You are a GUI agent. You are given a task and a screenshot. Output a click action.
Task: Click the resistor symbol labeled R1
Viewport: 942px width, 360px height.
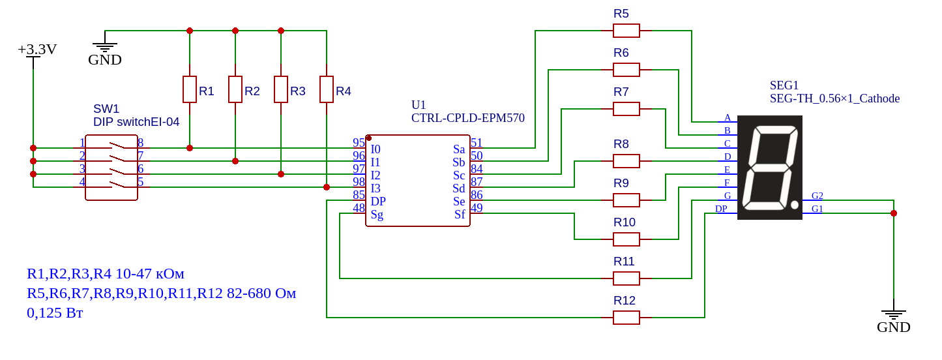[190, 89]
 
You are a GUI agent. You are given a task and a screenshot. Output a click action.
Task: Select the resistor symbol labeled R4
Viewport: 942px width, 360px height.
[327, 89]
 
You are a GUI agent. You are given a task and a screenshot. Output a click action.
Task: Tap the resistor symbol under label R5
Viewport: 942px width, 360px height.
[626, 31]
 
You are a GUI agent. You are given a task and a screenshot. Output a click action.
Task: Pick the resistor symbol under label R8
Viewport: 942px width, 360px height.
[626, 161]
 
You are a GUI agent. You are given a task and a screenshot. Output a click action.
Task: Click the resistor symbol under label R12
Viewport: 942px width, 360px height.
[626, 318]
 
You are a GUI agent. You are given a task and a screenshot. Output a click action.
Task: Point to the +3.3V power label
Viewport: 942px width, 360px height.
[37, 50]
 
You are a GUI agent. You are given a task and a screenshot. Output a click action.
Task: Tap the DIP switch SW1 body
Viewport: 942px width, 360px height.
[111, 168]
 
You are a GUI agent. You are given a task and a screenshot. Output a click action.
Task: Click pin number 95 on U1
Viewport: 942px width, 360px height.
[359, 143]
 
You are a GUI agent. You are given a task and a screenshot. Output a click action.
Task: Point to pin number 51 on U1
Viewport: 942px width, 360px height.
[477, 143]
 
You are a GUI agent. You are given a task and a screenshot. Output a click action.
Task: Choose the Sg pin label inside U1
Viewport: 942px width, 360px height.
[377, 215]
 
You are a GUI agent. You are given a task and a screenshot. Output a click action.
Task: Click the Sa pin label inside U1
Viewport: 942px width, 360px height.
[459, 149]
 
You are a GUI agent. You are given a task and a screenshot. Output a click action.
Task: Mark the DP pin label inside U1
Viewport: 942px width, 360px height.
[378, 202]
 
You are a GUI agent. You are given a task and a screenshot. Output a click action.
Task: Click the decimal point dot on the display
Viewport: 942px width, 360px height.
[795, 205]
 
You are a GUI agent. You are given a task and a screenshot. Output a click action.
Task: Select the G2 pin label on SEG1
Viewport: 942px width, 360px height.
[817, 196]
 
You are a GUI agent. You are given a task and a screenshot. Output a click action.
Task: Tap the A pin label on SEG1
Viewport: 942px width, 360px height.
[728, 117]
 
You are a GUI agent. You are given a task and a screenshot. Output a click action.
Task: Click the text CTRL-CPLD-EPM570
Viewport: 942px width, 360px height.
[468, 118]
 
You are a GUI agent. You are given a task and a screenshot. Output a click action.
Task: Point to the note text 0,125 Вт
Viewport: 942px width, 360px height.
[55, 313]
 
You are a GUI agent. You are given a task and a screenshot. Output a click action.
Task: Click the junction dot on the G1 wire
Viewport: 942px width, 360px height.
[894, 213]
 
